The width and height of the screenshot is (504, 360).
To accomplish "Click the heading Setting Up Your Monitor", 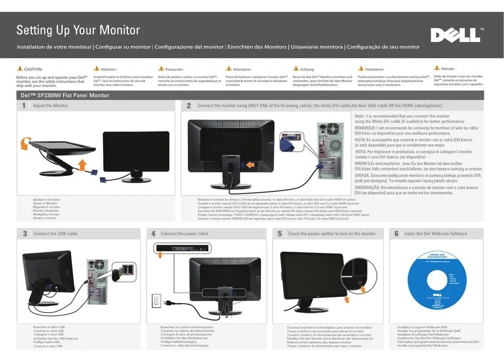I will [x=78, y=30].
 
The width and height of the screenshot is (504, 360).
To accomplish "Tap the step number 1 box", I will [x=24, y=106].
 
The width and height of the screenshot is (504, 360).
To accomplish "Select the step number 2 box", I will [x=189, y=106].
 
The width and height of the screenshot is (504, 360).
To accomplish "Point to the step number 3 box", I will [x=25, y=234].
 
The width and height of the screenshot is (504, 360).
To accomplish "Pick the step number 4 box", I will [x=153, y=234].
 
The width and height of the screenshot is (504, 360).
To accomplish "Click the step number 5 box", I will [x=280, y=234].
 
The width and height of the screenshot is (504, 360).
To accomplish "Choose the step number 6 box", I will [x=396, y=234].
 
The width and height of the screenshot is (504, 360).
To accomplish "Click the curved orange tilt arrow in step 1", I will [x=24, y=143].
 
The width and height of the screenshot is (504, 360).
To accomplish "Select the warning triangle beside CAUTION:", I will [x=20, y=69].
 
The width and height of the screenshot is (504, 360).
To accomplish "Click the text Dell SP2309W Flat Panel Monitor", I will [x=65, y=95].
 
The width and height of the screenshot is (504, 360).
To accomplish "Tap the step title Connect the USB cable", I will [x=55, y=234].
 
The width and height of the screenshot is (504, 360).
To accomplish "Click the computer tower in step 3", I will [x=95, y=281].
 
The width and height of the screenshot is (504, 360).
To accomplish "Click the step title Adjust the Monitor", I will [x=50, y=106].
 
